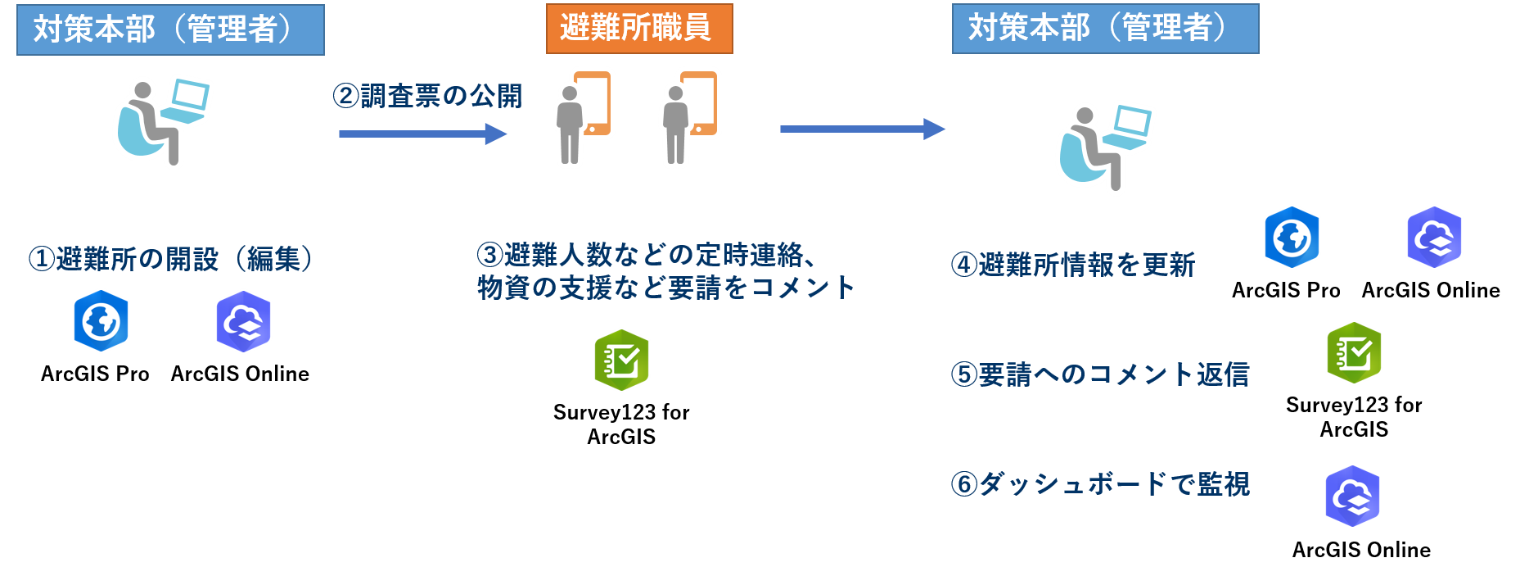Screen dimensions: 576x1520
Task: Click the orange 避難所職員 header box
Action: click(639, 29)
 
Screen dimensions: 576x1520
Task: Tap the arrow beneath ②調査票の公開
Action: click(422, 134)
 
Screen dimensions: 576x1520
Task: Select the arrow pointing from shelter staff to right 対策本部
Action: click(862, 129)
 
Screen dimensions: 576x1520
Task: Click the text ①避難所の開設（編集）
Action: click(171, 259)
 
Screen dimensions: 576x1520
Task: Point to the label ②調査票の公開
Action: click(427, 97)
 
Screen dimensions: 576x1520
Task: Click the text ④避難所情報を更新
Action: click(1072, 265)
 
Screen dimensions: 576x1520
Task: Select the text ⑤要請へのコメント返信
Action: click(1099, 374)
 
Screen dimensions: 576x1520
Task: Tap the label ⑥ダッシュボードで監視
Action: click(1099, 484)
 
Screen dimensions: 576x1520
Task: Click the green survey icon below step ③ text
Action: click(621, 360)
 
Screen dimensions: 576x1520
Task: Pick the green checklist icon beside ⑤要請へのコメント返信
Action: click(1354, 353)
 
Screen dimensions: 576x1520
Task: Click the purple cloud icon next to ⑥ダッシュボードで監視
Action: click(1352, 497)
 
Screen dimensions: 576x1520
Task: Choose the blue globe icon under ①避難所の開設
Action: click(101, 321)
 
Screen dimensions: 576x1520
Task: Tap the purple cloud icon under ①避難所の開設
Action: click(243, 321)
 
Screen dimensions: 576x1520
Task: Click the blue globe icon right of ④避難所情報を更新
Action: click(1292, 238)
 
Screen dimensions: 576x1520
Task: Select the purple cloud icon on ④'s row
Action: click(1434, 238)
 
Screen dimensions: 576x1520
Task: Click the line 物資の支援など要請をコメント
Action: click(665, 288)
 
